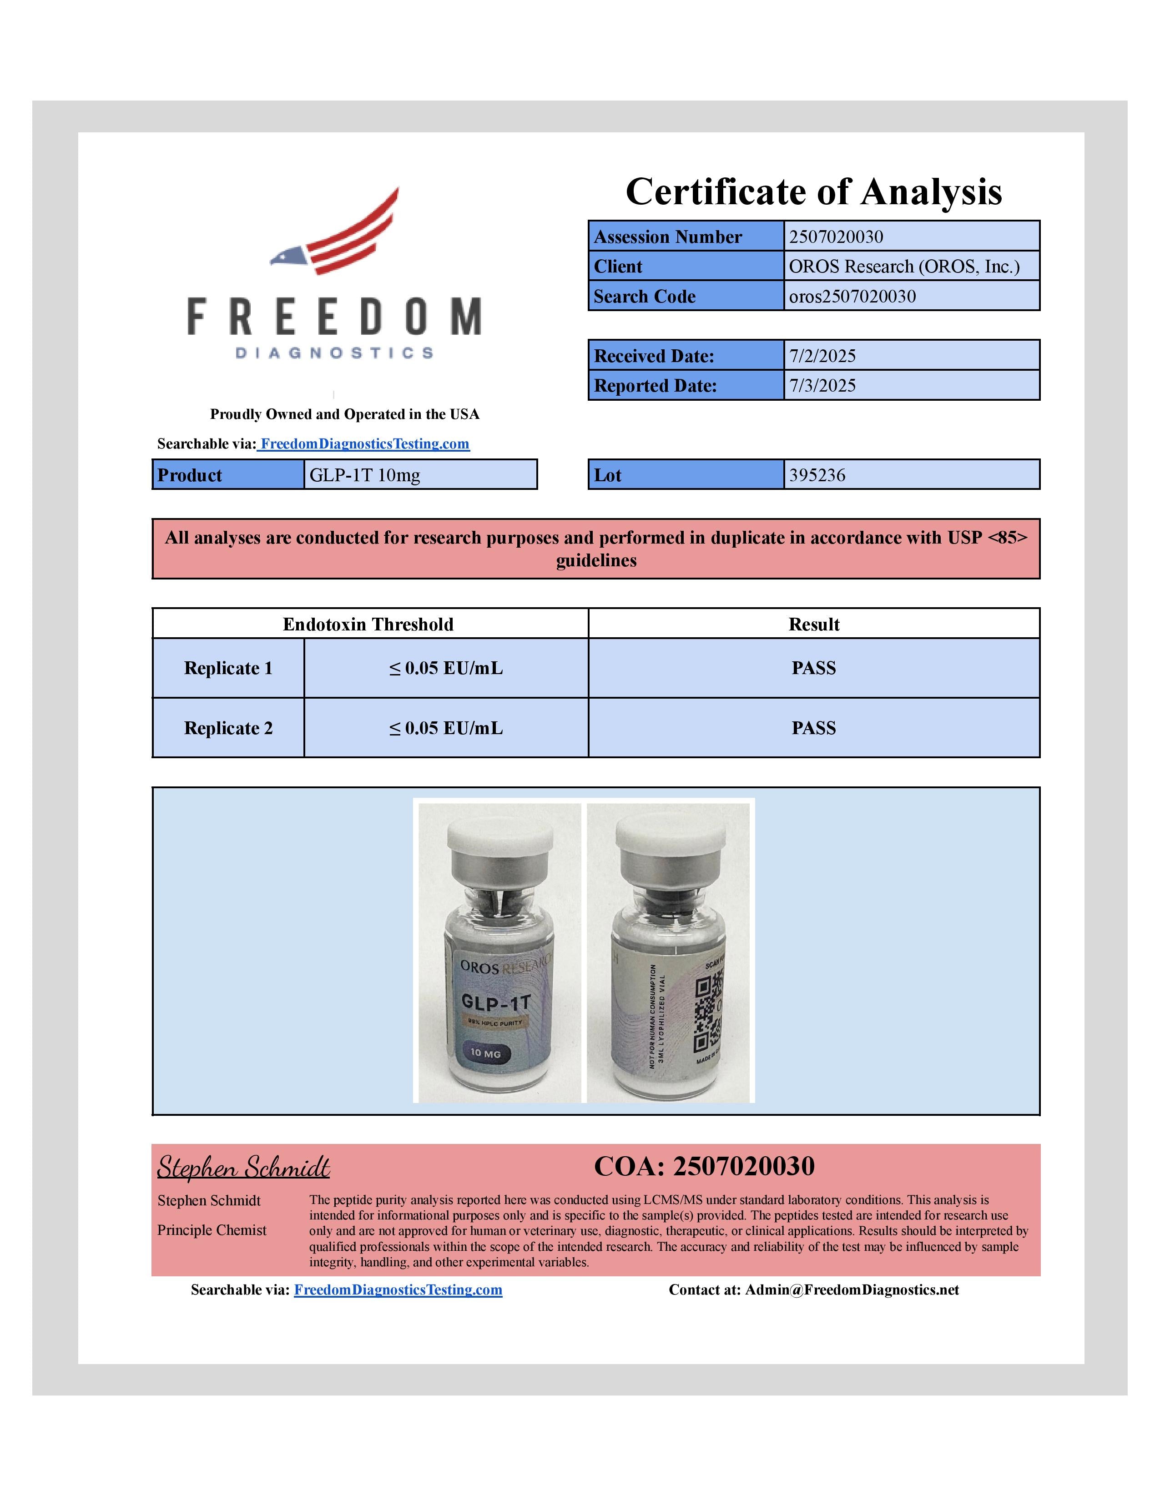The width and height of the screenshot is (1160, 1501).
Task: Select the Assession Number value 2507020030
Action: click(x=836, y=237)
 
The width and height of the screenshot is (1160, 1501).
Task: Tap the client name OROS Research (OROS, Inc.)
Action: click(x=904, y=267)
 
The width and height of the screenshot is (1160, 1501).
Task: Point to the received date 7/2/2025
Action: click(x=822, y=356)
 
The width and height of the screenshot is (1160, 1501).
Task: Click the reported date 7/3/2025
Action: click(x=822, y=386)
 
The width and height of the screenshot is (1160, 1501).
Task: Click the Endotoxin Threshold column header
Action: click(x=368, y=624)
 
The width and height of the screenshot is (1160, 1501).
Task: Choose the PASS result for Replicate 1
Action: click(x=814, y=668)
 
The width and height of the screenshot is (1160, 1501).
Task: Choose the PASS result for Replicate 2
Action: click(x=814, y=728)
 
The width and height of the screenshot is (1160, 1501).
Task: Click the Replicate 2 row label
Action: click(x=228, y=728)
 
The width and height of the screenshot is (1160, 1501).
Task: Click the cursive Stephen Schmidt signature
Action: click(x=243, y=1168)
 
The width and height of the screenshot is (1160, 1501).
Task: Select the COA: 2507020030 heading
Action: click(x=704, y=1166)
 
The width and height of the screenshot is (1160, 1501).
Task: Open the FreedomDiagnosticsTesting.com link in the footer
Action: click(x=398, y=1290)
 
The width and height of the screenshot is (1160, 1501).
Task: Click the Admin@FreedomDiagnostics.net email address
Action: click(x=852, y=1290)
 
